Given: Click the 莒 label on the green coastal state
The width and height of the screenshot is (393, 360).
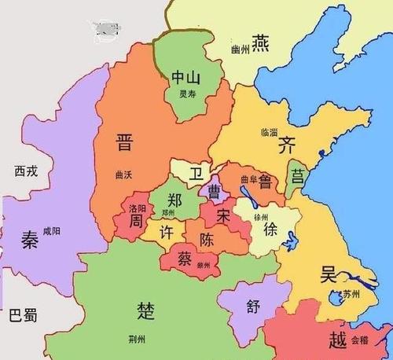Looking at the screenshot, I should point(298,174).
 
